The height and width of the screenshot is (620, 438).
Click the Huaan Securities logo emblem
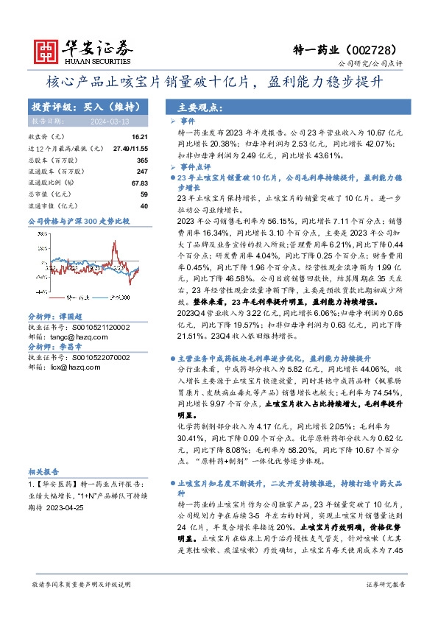point(48,49)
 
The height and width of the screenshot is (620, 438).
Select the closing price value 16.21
point(139,138)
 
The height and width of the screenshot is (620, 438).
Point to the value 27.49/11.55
point(132,148)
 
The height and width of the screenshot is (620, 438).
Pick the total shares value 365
point(143,160)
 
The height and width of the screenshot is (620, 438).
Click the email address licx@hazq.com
point(75,367)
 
